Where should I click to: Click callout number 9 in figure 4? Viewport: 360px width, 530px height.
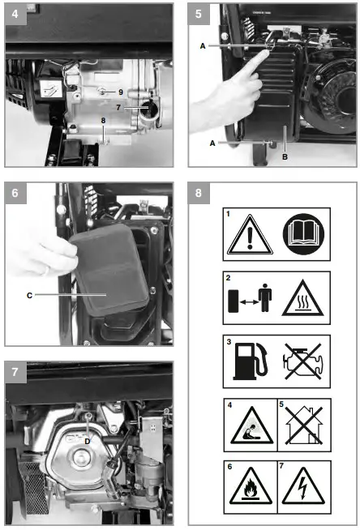click(120, 93)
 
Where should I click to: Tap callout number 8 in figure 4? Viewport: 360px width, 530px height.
click(104, 121)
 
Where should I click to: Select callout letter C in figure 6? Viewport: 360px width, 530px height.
click(30, 295)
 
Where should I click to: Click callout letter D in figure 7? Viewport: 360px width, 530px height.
click(88, 441)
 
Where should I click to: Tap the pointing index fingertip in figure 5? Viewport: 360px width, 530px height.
click(267, 53)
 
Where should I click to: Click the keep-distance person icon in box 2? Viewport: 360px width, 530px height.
click(265, 298)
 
